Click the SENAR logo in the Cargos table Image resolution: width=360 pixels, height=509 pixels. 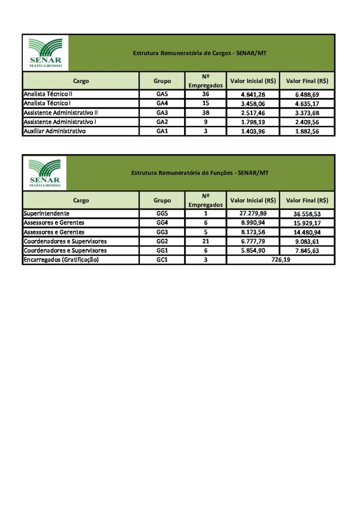46,53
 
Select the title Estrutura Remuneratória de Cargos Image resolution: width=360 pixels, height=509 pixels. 200,53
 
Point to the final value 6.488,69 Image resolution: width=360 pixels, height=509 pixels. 307,94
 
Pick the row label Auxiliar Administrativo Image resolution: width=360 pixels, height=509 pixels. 55,131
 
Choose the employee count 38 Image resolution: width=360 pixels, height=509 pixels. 205,113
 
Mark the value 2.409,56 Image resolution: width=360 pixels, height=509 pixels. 307,122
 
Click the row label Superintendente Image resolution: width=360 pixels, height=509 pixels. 47,213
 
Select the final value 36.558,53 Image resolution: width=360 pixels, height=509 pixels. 307,214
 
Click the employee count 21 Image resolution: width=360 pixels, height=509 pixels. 205,241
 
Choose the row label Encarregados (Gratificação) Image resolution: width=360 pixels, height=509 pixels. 61,260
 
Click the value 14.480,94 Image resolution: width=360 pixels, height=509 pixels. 307,232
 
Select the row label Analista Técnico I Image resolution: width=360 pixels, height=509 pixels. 50,103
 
